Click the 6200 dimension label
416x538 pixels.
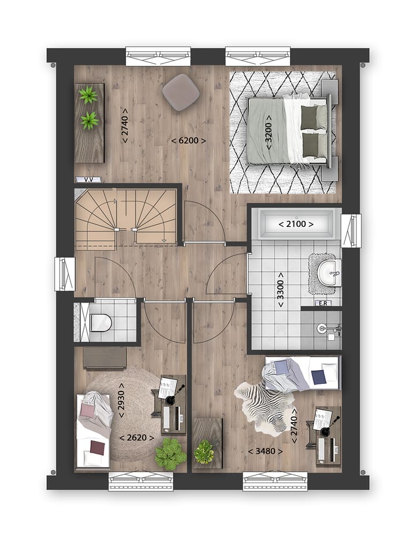click(189, 140)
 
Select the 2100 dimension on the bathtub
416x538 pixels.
click(296, 224)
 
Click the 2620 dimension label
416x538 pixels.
click(136, 438)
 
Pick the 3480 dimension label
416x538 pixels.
click(265, 451)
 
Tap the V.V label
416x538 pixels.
click(88, 180)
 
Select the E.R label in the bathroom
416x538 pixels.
click(321, 302)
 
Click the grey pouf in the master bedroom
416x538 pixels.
click(180, 92)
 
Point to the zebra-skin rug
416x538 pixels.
click(263, 408)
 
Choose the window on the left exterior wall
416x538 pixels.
click(64, 274)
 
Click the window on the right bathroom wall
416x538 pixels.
click(351, 230)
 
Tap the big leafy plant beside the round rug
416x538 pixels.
click(170, 454)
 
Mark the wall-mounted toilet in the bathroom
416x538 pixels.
click(327, 329)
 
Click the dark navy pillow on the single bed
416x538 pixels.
click(318, 377)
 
